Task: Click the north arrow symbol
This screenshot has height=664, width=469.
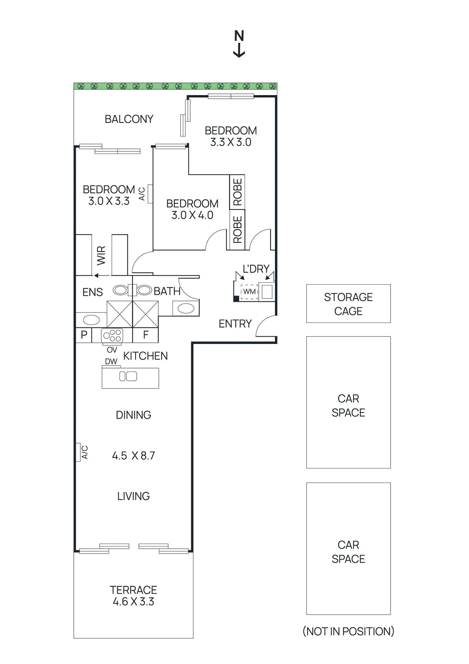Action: pos(239,44)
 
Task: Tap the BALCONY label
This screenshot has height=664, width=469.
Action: pos(129,119)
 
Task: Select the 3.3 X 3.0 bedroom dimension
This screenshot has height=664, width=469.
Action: pos(231,142)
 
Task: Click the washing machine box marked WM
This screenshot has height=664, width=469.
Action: pos(249,292)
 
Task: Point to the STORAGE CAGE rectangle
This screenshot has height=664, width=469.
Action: pos(348,303)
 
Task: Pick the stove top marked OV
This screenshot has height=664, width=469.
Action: pos(112,336)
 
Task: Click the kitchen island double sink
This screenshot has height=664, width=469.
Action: pos(128,376)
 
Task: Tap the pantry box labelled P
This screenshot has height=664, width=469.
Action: pos(84,335)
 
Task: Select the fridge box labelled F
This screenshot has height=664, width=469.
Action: pos(146,335)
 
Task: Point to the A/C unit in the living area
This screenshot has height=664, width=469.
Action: pos(78,452)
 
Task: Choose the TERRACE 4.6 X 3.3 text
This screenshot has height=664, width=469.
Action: pos(133,596)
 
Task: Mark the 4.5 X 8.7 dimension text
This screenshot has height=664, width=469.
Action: pos(134,456)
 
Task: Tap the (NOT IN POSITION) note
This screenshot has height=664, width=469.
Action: pos(348,631)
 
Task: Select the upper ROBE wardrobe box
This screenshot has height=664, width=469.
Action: pos(237,192)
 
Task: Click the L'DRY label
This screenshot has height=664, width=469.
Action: pos(256,269)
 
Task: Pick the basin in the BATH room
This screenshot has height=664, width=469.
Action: pos(186,308)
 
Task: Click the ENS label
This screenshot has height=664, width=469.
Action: pos(92,292)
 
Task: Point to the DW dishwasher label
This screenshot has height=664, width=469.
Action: pos(111,361)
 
